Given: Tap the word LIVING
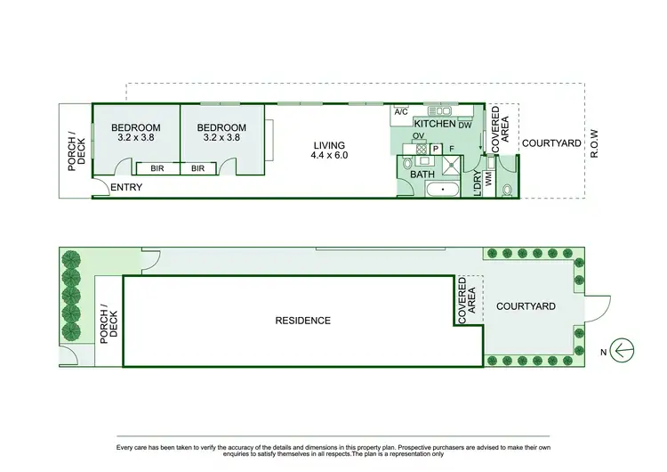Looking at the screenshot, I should click(x=329, y=145).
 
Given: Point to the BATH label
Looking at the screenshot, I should click(x=422, y=175).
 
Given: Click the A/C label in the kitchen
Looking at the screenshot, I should click(x=400, y=112).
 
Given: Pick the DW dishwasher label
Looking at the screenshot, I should click(x=464, y=126).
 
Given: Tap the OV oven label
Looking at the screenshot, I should click(x=418, y=136).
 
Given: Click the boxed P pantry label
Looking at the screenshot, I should click(x=436, y=149).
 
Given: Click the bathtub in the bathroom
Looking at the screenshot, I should click(x=442, y=190).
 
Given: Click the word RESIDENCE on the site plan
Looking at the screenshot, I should click(x=302, y=321).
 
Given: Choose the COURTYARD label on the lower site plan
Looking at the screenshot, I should click(x=526, y=306).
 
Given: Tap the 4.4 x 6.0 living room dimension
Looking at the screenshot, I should click(x=328, y=156).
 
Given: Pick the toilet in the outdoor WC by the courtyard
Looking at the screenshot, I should click(x=507, y=189).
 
